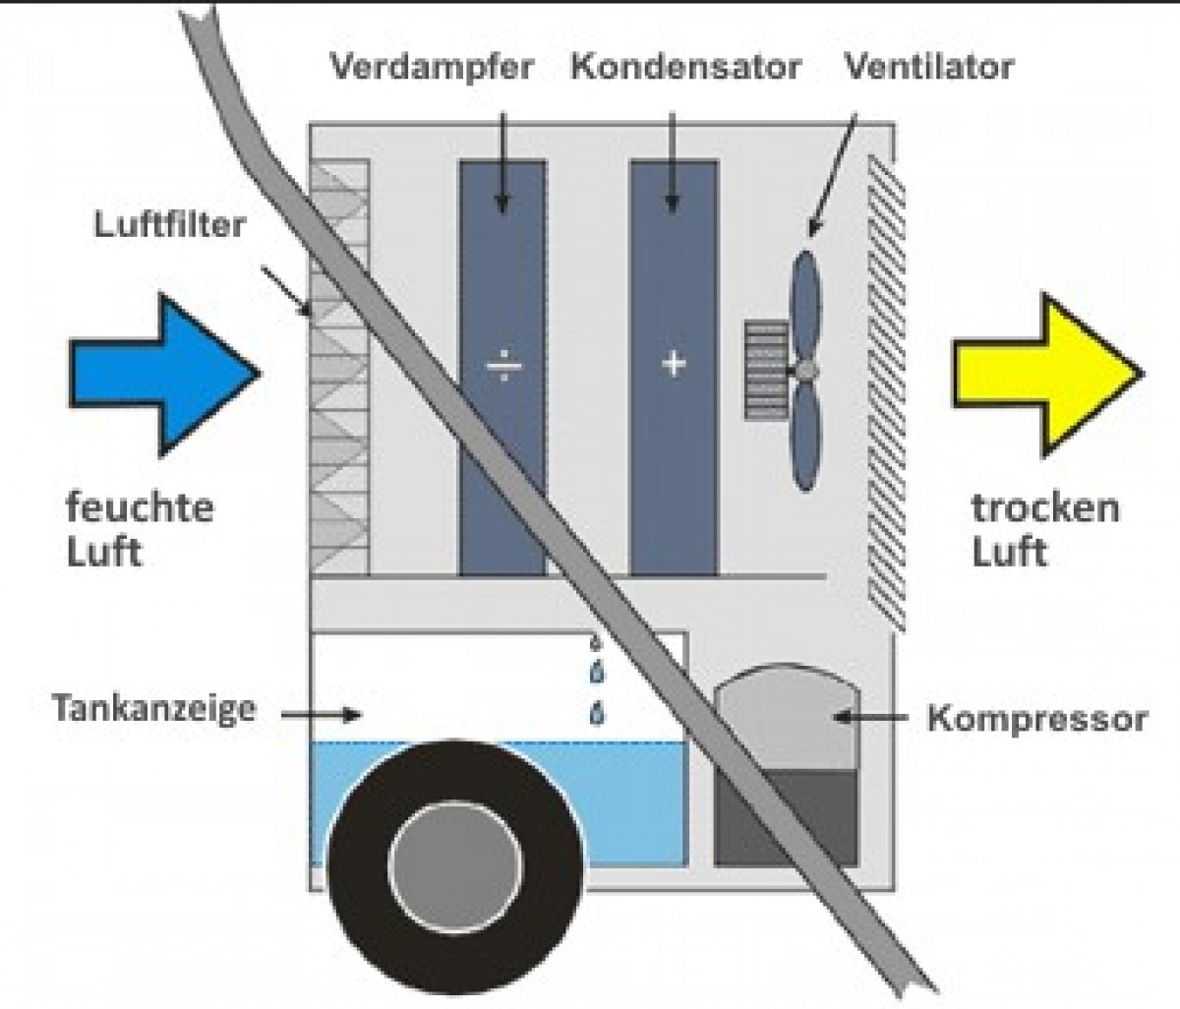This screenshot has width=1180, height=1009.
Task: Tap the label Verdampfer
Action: pyautogui.click(x=432, y=68)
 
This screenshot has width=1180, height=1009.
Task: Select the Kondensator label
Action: pyautogui.click(x=685, y=67)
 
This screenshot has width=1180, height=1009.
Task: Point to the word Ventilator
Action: pyautogui.click(x=929, y=67)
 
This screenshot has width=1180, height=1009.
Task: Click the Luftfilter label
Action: pyautogui.click(x=169, y=224)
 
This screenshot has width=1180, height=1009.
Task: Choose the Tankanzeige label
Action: pyautogui.click(x=154, y=709)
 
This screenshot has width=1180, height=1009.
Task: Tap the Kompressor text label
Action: pyautogui.click(x=1037, y=718)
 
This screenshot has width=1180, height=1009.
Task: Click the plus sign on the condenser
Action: pyautogui.click(x=674, y=364)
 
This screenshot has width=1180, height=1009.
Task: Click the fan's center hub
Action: pyautogui.click(x=806, y=371)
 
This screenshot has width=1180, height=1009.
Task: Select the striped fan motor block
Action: pyautogui.click(x=766, y=371)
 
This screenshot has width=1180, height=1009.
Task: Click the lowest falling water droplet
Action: pyautogui.click(x=597, y=714)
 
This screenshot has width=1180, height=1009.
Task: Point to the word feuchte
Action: pyautogui.click(x=140, y=507)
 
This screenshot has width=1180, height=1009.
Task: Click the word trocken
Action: pyautogui.click(x=1045, y=507)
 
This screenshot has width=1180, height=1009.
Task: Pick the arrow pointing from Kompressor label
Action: pyautogui.click(x=871, y=716)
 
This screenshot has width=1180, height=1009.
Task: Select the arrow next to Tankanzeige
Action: pyautogui.click(x=322, y=714)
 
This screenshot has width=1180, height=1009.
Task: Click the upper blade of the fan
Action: pyautogui.click(x=806, y=306)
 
